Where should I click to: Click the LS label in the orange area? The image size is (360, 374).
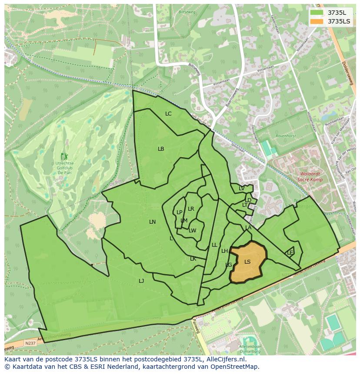(247, 261)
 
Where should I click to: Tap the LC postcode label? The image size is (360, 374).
(168, 114)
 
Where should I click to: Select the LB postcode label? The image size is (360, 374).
(161, 149)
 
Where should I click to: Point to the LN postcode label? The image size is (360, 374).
(152, 222)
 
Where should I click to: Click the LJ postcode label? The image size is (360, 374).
(141, 281)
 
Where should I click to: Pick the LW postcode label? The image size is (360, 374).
(193, 231)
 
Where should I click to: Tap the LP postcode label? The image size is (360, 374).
(179, 212)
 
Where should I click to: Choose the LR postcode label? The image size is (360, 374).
(191, 209)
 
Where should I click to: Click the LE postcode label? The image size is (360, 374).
(290, 252)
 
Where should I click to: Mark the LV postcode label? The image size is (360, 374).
(241, 189)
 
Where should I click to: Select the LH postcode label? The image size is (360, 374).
(224, 251)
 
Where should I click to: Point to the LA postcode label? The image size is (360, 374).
(248, 228)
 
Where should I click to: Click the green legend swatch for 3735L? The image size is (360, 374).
(317, 13)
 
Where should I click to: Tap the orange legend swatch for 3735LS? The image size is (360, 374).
(317, 21)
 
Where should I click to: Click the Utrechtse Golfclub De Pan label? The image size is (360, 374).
(64, 167)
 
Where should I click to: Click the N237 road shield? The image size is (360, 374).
(30, 343)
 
